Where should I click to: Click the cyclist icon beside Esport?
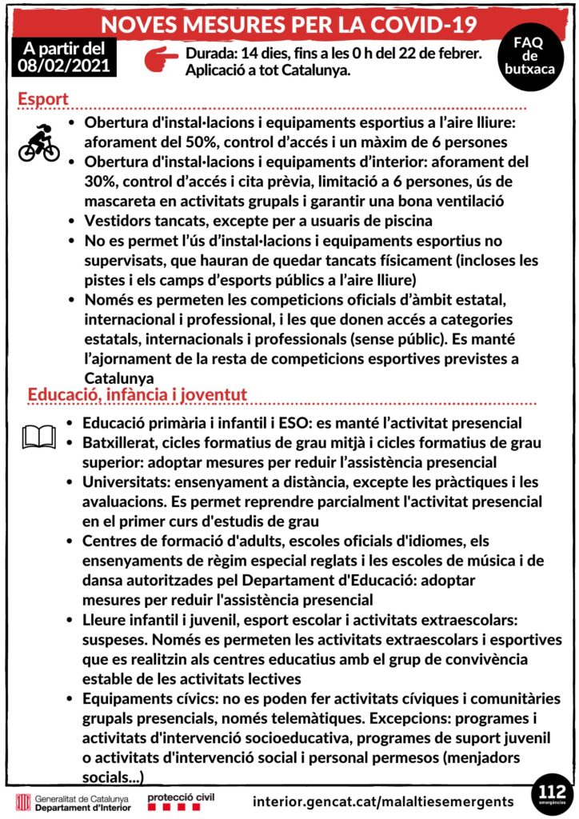[38, 143]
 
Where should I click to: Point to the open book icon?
[38, 436]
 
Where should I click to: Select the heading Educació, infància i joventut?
[137, 394]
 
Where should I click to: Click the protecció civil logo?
[179, 800]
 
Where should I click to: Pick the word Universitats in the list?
[120, 482]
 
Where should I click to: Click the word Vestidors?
[118, 220]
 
